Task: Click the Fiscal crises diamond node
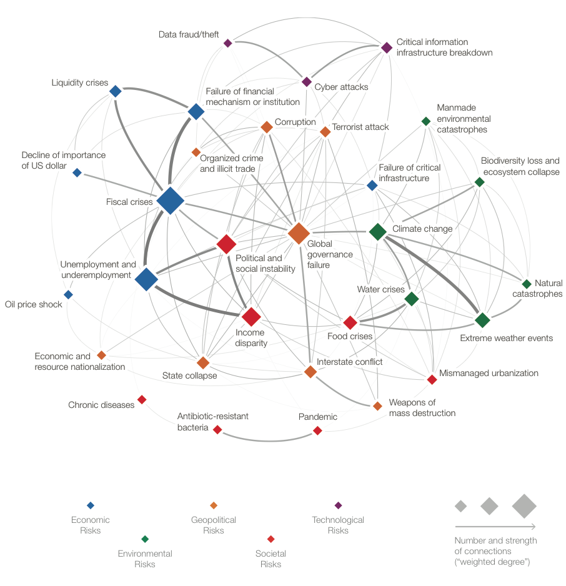170,201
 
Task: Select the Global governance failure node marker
299,233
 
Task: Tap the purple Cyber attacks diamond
307,82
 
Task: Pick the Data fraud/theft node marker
228,43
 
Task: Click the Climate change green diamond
377,232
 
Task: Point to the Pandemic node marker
317,430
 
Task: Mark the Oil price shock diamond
68,294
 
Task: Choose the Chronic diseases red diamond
142,399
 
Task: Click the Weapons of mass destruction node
377,406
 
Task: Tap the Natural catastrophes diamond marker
527,284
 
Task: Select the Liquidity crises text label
79,83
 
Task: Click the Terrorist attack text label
360,127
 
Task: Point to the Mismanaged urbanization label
489,373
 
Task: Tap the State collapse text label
189,375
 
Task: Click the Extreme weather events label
506,338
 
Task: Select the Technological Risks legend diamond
338,505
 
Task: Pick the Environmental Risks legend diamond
145,539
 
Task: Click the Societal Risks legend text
271,559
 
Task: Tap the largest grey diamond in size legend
524,506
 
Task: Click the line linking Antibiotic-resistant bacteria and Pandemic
267,441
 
